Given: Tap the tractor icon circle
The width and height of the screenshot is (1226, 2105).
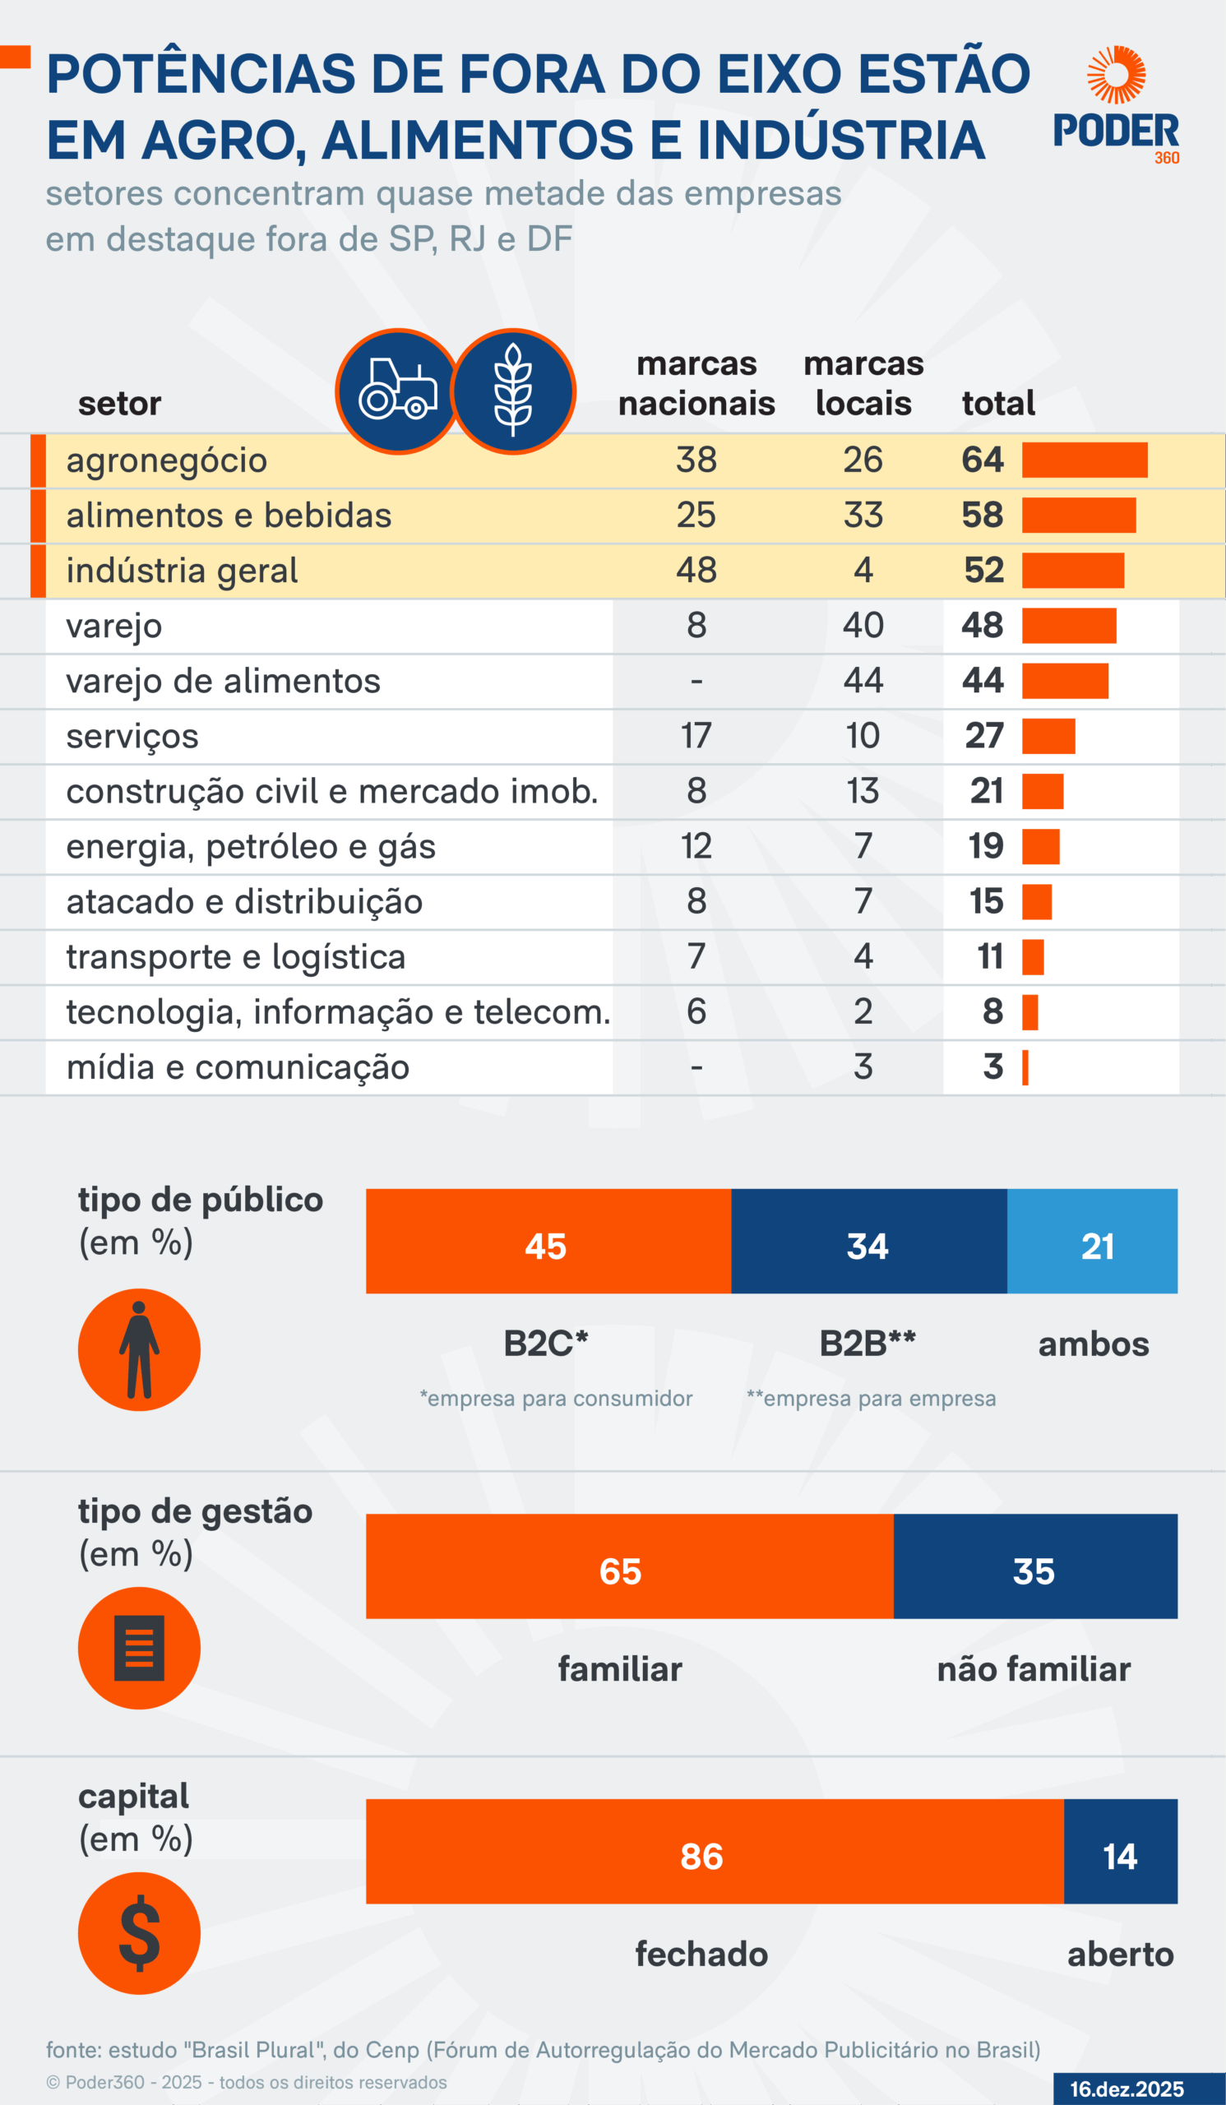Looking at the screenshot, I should click(x=398, y=391).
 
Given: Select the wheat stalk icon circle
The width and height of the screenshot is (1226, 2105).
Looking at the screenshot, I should click(x=513, y=391).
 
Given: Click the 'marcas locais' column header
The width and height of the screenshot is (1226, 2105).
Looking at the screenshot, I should click(x=863, y=383).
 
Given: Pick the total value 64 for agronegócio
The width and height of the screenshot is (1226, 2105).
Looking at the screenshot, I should click(x=982, y=460).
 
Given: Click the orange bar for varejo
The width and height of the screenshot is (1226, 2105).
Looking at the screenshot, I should click(x=1068, y=626).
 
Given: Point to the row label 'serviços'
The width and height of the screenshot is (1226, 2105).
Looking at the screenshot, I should click(x=132, y=736).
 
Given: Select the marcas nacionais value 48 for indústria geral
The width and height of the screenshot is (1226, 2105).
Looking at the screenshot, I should click(x=696, y=571).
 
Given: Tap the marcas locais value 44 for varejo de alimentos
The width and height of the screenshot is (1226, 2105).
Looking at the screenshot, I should click(x=863, y=681).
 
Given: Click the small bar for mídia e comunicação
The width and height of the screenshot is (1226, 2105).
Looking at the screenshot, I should click(x=1025, y=1066).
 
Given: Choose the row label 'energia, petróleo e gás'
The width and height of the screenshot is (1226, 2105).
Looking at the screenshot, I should click(x=251, y=846).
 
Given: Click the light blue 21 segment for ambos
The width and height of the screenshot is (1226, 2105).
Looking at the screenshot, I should click(x=1091, y=1242).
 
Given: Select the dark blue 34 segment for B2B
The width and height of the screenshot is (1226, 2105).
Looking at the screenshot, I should click(x=868, y=1242).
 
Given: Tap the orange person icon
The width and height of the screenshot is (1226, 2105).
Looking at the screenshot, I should click(x=139, y=1349).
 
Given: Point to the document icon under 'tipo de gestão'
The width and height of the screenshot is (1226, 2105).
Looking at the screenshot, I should click(x=139, y=1648).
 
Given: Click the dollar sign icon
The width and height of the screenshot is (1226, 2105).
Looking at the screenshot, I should click(x=139, y=1933).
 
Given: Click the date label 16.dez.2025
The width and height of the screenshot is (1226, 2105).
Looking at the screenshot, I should click(x=1127, y=2089).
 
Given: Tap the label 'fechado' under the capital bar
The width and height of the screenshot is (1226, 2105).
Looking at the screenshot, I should click(x=701, y=1955).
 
